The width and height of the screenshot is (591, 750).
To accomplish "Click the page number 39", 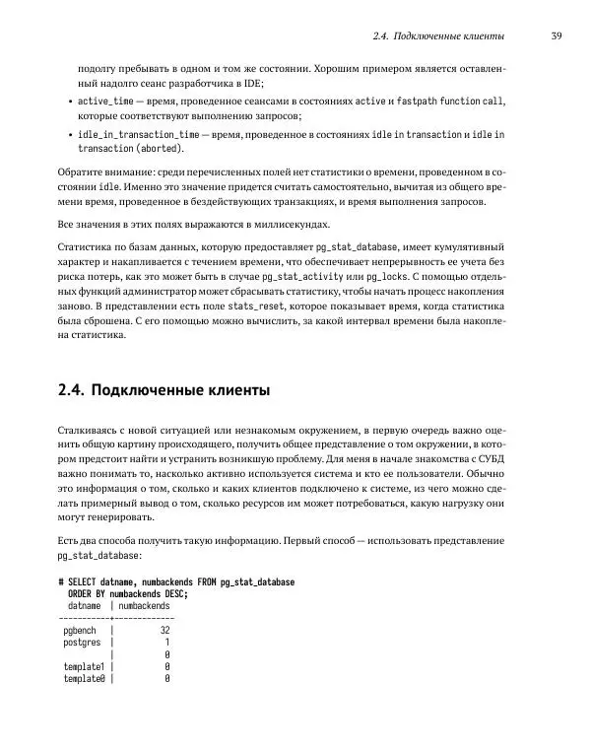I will [x=557, y=36].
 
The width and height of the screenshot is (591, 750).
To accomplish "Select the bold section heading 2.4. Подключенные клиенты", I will [x=164, y=390].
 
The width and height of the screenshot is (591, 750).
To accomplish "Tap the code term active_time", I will [x=106, y=102].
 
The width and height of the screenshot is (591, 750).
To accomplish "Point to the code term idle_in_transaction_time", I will [x=137, y=133].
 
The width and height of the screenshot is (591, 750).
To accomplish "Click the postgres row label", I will [x=82, y=643].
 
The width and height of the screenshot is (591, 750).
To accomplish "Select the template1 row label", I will [x=84, y=667].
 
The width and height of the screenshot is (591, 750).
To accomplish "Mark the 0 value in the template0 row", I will [x=167, y=679].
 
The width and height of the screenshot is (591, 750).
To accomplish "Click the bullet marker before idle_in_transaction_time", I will [x=67, y=133].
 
